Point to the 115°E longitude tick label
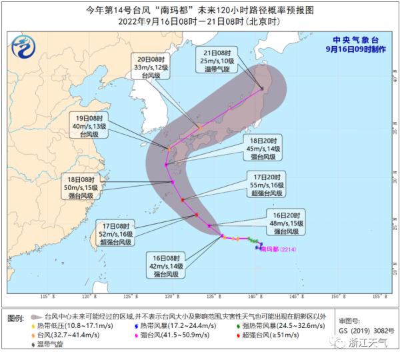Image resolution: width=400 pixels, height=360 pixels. coord(46,295)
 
